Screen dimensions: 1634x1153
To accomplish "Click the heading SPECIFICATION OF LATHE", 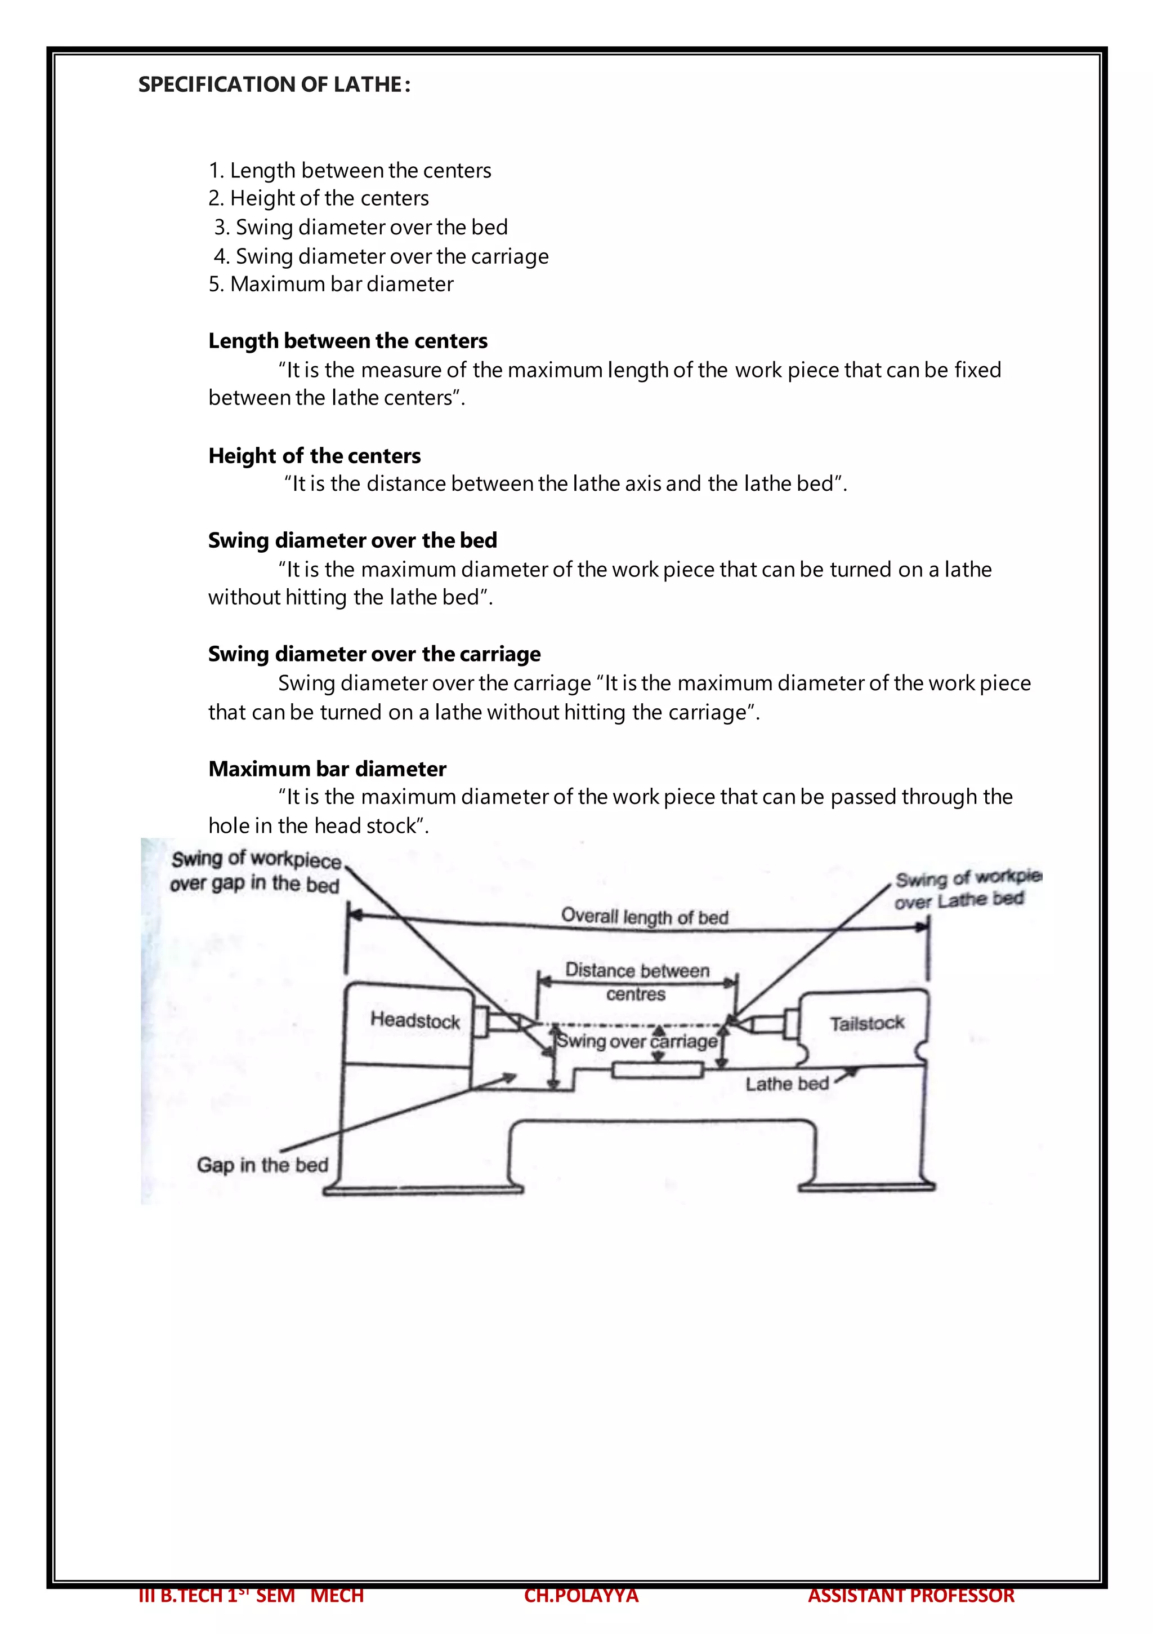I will pos(274,85).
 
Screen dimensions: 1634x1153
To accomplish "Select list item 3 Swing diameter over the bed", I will pos(361,227).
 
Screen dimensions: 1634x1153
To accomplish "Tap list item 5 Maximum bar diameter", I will pos(330,284).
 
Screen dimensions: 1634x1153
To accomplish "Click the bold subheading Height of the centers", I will pos(314,455).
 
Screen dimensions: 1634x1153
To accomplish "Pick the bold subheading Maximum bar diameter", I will pos(327,769).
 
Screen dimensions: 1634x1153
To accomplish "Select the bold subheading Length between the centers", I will pos(348,341).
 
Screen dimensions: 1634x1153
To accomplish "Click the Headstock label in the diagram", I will pos(415,1020).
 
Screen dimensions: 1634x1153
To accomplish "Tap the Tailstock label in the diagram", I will pos(866,1023).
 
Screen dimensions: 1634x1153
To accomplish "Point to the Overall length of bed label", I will pos(645,917).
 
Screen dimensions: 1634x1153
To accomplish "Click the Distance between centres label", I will pos(637,981).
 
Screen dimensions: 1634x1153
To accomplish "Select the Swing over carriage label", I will pos(637,1042).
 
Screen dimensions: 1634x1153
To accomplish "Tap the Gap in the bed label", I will pos(262,1165).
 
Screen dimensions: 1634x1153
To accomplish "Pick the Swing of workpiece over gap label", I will pos(256,872).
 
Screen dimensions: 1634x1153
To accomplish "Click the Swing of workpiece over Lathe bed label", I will pos(964,890).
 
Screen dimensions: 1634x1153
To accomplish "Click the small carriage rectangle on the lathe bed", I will pos(657,1069).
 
